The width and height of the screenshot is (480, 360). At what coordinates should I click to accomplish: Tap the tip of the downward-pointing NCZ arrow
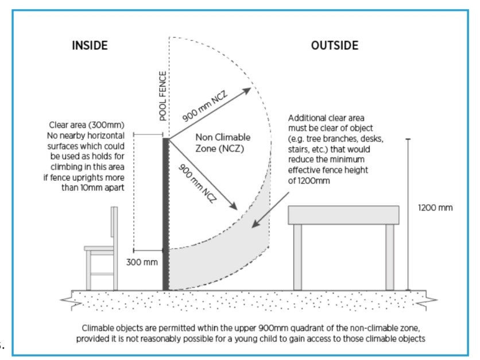coord(237,210)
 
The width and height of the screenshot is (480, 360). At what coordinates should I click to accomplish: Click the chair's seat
coord(99,248)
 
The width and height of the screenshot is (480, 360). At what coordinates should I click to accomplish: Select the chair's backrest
coord(114,227)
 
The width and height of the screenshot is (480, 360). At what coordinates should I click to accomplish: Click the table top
coord(343,215)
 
